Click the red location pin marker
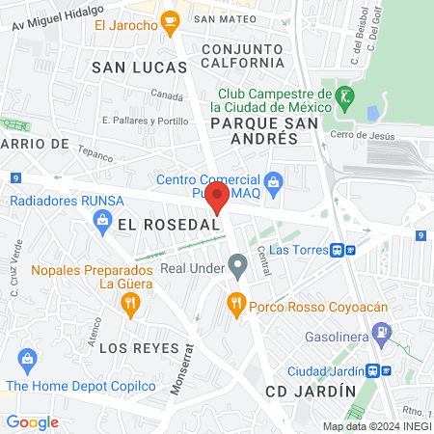click(x=218, y=198)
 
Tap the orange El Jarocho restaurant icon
click(x=171, y=20)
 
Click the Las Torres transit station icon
click(x=339, y=249)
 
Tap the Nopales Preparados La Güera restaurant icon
click(x=129, y=305)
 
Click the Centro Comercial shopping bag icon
click(x=274, y=180)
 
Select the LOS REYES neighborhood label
click(x=139, y=347)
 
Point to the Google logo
click(x=33, y=421)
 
